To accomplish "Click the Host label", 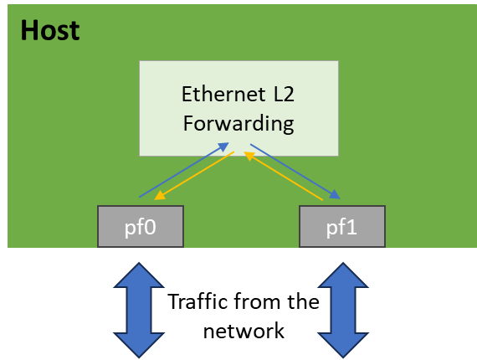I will [49, 30].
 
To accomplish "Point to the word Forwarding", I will [238, 124].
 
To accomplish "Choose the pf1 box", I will [341, 226].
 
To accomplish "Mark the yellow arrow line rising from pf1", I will [285, 177].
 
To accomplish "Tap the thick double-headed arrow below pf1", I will [341, 309].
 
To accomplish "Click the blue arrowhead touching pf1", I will [336, 196].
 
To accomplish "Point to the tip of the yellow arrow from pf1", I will [247, 155].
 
